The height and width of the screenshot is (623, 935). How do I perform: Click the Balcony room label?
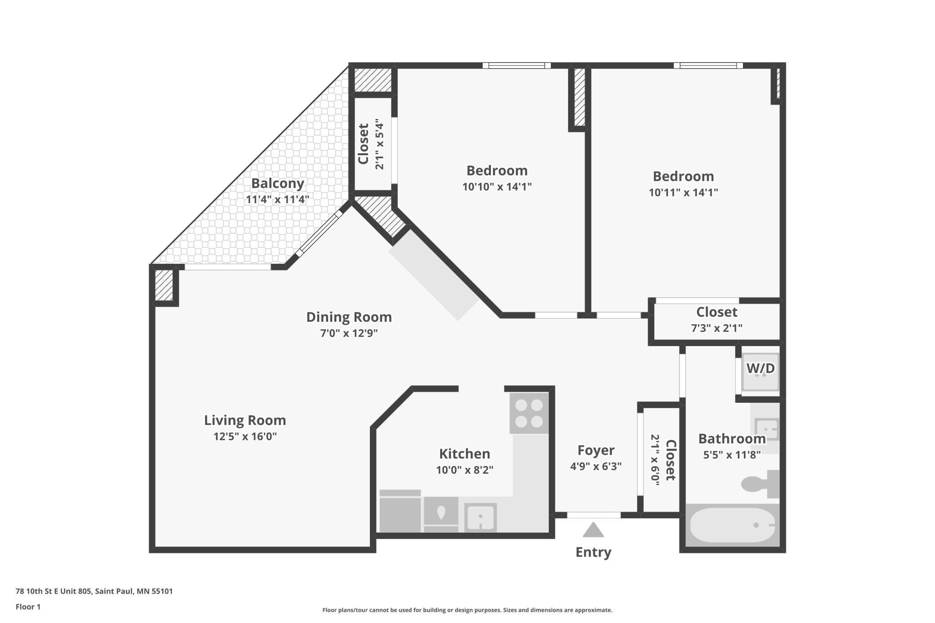(x=277, y=183)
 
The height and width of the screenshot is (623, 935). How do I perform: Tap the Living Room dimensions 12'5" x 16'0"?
(x=245, y=436)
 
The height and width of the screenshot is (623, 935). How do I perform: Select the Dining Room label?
(x=349, y=317)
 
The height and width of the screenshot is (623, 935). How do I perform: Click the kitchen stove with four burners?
(x=529, y=413)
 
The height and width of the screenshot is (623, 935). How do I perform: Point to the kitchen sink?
(x=481, y=517)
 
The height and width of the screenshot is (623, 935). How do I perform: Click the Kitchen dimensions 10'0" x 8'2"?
(x=464, y=470)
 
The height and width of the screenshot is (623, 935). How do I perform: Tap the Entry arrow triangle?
(x=593, y=530)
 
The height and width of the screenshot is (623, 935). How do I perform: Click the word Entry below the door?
(x=593, y=552)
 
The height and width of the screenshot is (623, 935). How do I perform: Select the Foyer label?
(x=596, y=450)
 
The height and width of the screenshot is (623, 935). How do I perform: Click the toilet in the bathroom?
(x=760, y=484)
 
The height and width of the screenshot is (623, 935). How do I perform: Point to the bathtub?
(x=733, y=525)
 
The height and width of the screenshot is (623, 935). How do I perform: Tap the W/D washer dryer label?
(x=761, y=369)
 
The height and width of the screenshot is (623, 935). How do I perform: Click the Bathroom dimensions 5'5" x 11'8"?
(x=732, y=455)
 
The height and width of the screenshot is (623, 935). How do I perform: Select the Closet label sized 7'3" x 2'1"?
(x=717, y=312)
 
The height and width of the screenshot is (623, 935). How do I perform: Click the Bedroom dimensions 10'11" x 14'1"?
(x=683, y=192)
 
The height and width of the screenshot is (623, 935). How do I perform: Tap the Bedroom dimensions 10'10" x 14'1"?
(x=497, y=187)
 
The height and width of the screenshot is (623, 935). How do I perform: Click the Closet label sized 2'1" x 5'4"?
(x=363, y=144)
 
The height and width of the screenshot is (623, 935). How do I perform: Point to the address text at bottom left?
(x=94, y=591)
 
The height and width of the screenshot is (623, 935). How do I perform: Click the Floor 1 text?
(x=28, y=607)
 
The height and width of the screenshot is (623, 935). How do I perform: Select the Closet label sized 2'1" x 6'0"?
(x=670, y=460)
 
